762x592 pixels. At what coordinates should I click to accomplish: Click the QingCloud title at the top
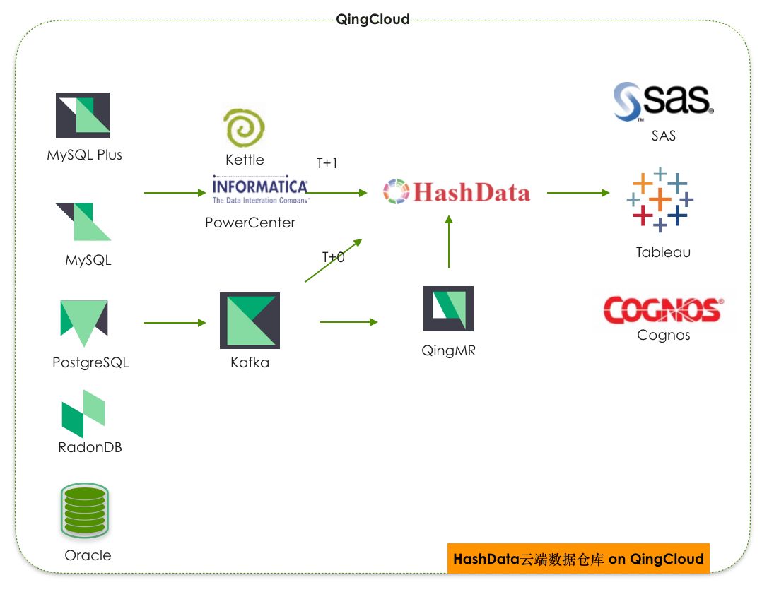(373, 20)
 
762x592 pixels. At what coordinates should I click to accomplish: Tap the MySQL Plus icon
(83, 115)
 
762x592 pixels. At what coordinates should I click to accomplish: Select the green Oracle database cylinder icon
(85, 509)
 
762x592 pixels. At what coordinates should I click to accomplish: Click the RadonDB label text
(90, 447)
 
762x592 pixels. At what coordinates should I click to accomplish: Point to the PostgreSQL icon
(83, 322)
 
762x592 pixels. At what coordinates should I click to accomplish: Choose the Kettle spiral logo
(244, 129)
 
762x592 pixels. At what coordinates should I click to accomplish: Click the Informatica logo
(260, 189)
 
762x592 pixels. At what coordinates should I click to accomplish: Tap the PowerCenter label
(250, 223)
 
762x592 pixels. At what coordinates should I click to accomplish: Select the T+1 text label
(327, 163)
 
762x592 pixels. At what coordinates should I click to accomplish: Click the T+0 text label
(333, 257)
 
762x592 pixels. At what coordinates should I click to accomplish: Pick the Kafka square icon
(250, 321)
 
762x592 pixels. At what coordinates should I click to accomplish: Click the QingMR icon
(448, 309)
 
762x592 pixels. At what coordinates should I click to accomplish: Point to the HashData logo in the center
(457, 192)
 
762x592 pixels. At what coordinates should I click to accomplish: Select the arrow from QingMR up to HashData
(448, 242)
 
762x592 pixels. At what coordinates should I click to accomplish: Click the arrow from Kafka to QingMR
(348, 322)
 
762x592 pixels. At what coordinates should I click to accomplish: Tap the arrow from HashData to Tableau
(578, 192)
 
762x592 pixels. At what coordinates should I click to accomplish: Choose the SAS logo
(663, 101)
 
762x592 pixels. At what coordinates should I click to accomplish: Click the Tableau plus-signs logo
(660, 199)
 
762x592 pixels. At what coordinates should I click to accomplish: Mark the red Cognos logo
(662, 309)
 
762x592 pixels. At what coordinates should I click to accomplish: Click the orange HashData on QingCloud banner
(578, 559)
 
